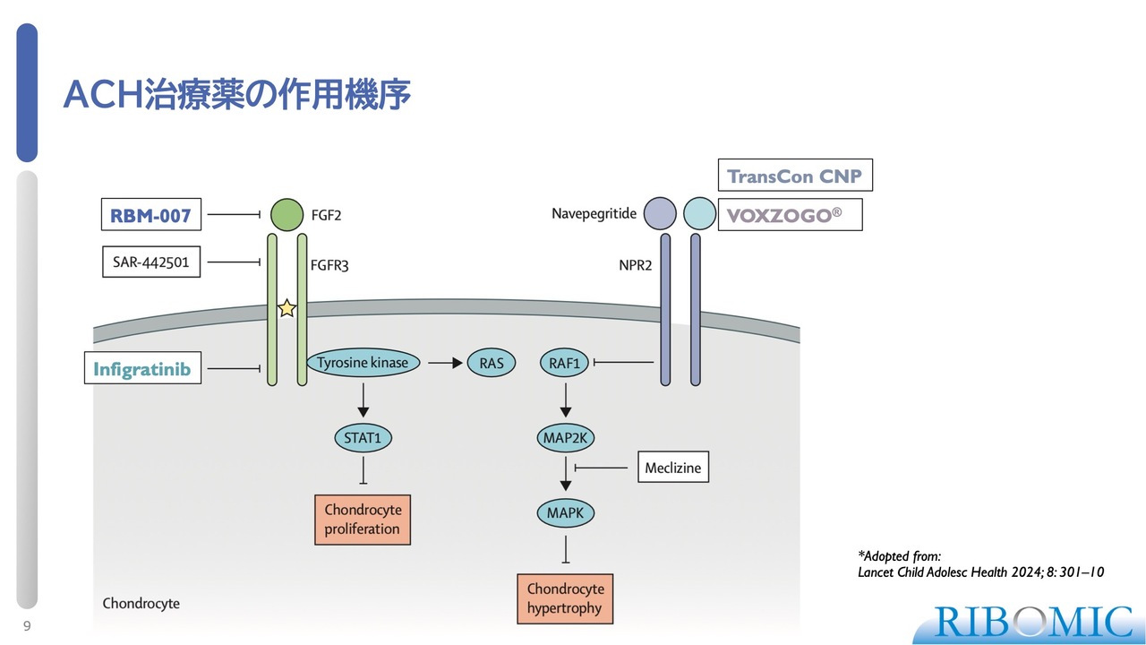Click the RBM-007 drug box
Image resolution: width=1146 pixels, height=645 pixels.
pyautogui.click(x=150, y=215)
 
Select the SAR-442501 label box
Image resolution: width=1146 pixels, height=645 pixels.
pyautogui.click(x=150, y=262)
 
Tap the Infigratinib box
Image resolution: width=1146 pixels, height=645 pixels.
pyautogui.click(x=142, y=368)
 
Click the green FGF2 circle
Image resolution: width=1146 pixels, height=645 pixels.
pyautogui.click(x=287, y=215)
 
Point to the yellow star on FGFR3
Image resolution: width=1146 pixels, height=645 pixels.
pyautogui.click(x=286, y=308)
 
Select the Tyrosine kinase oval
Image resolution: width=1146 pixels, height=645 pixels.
pyautogui.click(x=363, y=363)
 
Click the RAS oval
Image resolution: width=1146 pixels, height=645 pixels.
pyautogui.click(x=492, y=363)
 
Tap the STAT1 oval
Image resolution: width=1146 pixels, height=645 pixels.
pyautogui.click(x=363, y=438)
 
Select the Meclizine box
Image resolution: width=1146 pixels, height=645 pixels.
pyautogui.click(x=672, y=468)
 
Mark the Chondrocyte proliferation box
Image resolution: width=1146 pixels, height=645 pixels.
pyautogui.click(x=363, y=520)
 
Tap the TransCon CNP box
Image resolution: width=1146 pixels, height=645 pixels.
pyautogui.click(x=794, y=176)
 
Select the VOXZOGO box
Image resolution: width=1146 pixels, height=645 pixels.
pyautogui.click(x=790, y=216)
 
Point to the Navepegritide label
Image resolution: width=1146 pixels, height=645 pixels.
pyautogui.click(x=594, y=214)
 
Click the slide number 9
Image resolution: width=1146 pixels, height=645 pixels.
pyautogui.click(x=27, y=626)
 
